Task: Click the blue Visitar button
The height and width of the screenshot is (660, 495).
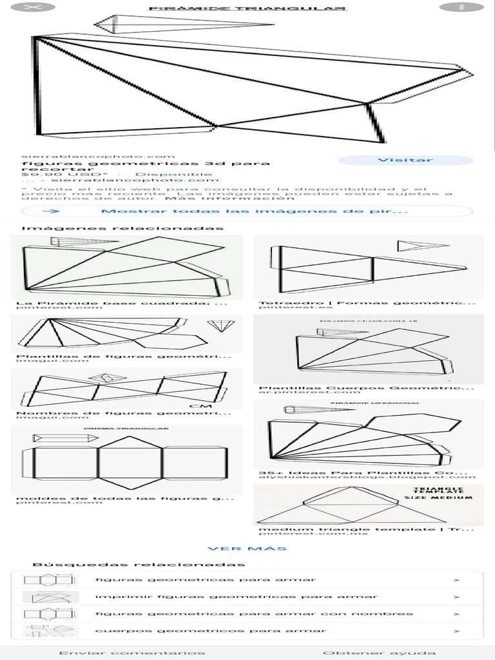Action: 405,160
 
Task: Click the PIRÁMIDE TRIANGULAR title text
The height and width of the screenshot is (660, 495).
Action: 247,9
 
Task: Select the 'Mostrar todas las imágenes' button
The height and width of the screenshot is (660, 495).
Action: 247,211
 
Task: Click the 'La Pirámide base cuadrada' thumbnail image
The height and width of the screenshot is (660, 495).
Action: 126,266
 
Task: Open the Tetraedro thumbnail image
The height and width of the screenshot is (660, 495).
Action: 368,266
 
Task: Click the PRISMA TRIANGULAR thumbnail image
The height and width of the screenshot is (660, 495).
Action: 126,458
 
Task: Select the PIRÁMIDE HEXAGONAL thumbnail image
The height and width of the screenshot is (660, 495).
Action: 368,434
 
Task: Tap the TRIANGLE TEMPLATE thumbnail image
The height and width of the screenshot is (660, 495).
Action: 368,505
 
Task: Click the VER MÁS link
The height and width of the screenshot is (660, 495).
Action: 247,548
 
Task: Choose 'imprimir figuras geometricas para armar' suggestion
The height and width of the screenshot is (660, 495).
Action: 237,597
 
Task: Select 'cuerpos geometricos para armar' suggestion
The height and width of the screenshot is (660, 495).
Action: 211,630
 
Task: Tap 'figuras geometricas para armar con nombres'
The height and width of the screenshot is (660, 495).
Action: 254,614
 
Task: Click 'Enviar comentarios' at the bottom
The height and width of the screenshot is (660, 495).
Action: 132,653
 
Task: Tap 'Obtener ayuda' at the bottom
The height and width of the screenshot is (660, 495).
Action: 379,653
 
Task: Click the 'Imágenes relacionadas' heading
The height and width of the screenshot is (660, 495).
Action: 122,228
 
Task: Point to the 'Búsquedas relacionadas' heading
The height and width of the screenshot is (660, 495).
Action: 139,565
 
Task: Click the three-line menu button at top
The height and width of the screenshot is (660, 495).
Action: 461,7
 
